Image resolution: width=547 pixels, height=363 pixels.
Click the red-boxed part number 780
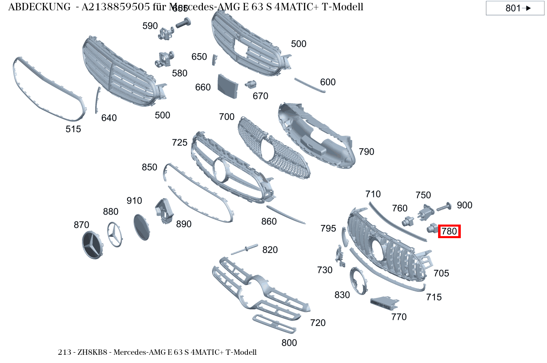click(449, 232)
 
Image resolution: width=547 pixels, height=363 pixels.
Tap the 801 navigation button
click(515, 8)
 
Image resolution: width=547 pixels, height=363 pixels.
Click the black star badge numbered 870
click(93, 245)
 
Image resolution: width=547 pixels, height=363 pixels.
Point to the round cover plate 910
click(142, 227)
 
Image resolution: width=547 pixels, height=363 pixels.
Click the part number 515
click(73, 129)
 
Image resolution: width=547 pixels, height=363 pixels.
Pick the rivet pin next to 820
click(245, 249)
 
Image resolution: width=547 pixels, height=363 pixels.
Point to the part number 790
click(366, 152)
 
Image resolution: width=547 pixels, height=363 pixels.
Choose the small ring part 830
click(358, 281)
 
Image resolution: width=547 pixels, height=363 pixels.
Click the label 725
click(180, 143)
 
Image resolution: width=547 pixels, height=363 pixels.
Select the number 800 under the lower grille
click(289, 342)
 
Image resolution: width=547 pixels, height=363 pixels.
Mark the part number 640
click(109, 118)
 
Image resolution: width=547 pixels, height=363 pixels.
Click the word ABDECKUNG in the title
click(39, 7)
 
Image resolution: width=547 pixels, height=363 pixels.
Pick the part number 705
click(441, 273)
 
